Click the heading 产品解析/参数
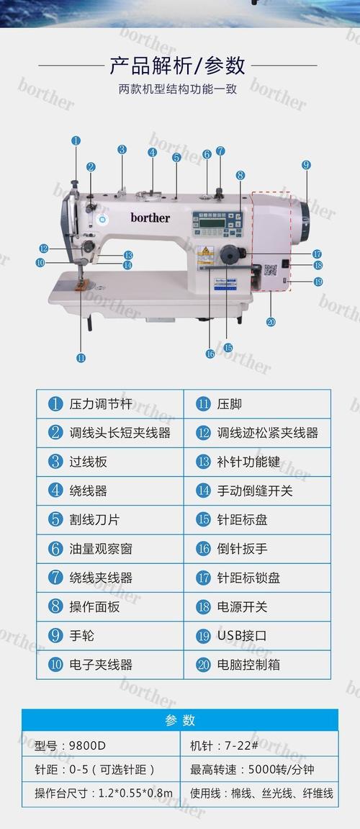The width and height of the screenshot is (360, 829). click(177, 66)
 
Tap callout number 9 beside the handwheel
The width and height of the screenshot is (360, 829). click(306, 165)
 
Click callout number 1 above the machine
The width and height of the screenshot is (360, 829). click(76, 141)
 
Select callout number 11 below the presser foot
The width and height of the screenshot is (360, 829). click(81, 357)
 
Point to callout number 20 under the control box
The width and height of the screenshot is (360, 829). click(271, 321)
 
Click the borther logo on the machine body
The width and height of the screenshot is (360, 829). click(150, 217)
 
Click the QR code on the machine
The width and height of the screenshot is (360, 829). click(270, 272)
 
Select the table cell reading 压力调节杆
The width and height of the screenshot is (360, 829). click(110, 404)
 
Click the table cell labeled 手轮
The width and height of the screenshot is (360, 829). click(110, 636)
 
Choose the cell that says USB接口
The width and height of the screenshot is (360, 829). click(257, 636)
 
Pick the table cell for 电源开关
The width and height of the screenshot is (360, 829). click(257, 607)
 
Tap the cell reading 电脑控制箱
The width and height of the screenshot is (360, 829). click(257, 665)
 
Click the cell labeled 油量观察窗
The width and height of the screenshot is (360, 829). click(110, 549)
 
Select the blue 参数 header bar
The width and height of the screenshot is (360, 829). click(180, 720)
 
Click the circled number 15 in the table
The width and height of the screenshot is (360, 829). click(203, 520)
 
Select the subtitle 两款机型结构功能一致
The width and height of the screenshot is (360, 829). click(177, 90)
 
